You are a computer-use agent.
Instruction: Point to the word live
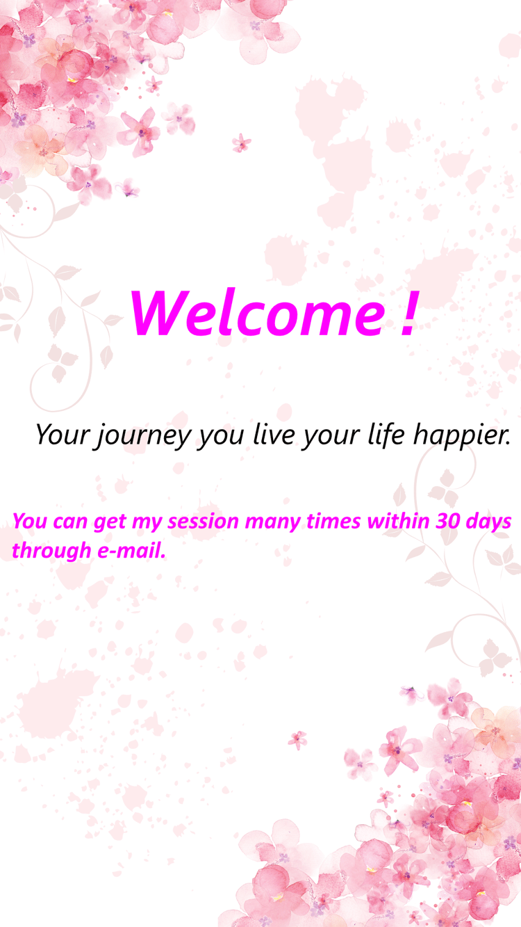click(271, 435)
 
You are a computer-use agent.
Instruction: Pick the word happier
click(462, 436)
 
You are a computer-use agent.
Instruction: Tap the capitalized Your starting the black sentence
click(63, 435)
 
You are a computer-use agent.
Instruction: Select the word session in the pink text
click(203, 522)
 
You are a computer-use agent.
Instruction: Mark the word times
click(333, 522)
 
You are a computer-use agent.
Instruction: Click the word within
click(398, 521)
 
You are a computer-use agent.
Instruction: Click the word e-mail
click(131, 551)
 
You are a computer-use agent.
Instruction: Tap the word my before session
click(147, 524)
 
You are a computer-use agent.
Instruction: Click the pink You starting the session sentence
click(30, 522)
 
